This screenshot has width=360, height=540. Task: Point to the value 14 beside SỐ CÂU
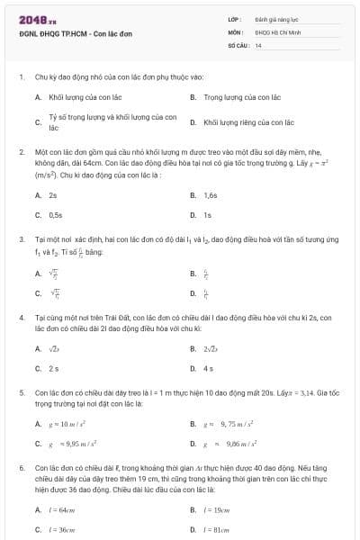(x=258, y=44)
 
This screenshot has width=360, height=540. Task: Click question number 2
(x=21, y=152)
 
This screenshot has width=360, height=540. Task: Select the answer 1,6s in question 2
(x=211, y=194)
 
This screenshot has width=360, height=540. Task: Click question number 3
(x=21, y=239)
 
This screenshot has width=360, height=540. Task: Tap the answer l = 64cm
(x=61, y=508)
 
